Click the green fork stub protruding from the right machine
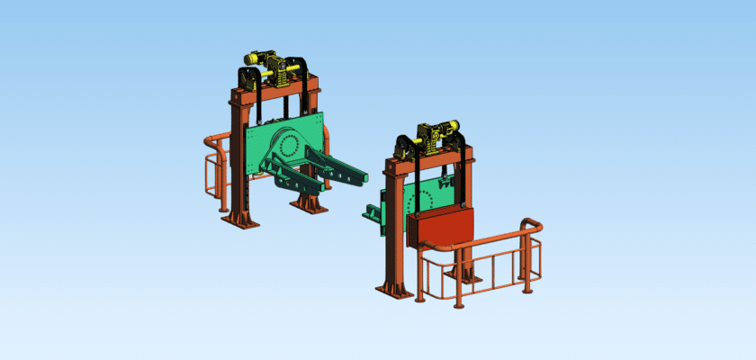tap(371, 213)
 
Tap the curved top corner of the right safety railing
tap(531, 223)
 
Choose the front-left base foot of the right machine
tap(393, 289)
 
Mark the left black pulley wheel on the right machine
tap(405, 148)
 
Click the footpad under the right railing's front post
tap(459, 305)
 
